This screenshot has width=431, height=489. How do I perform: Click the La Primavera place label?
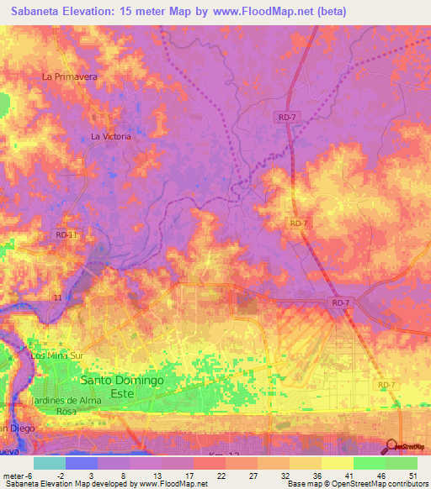[x=71, y=76]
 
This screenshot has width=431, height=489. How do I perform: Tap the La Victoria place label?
[x=111, y=136]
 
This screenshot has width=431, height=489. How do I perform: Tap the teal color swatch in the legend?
[x=49, y=463]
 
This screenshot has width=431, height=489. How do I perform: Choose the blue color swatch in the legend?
[x=81, y=463]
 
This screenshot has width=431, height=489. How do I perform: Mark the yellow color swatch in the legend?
[x=337, y=463]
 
